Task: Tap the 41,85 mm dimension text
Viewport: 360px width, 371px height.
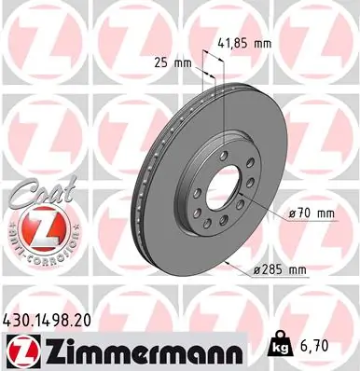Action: coord(244,43)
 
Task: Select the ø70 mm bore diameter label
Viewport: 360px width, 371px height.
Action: coord(311,213)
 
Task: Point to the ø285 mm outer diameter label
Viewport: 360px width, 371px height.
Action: coord(280,270)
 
